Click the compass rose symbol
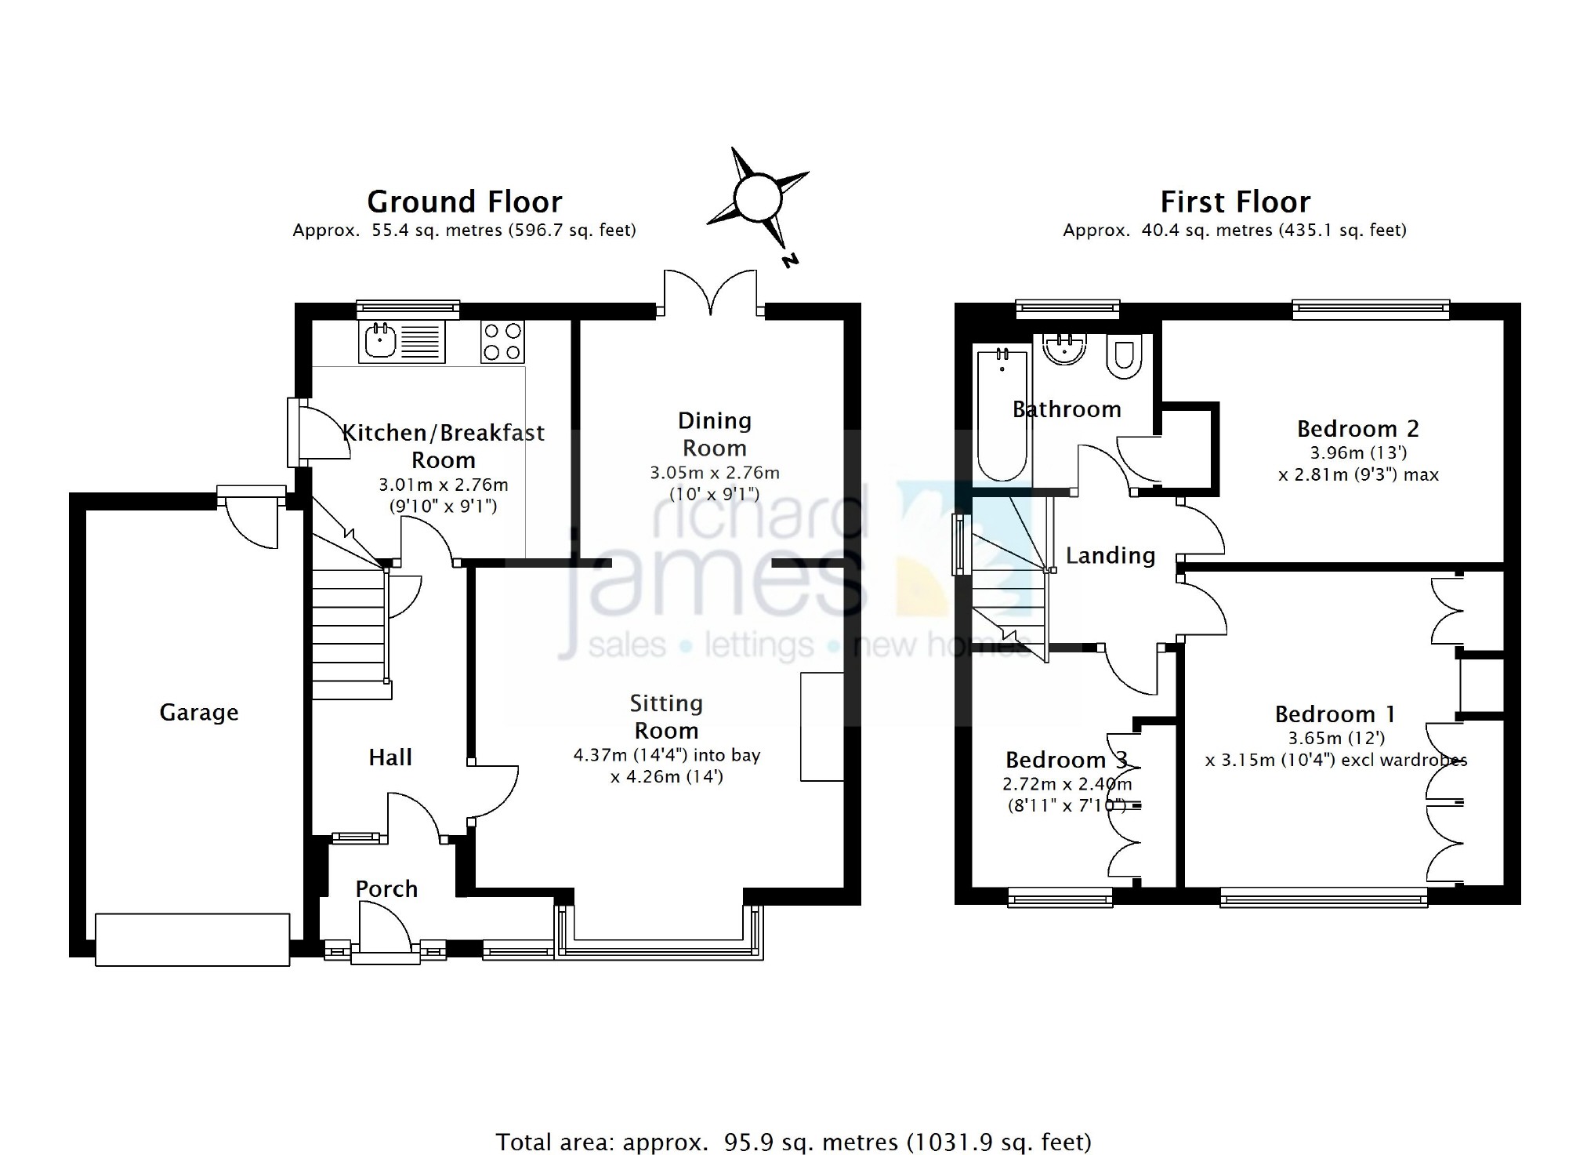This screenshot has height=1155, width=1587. pyautogui.click(x=758, y=198)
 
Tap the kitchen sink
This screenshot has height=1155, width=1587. pyautogui.click(x=402, y=341)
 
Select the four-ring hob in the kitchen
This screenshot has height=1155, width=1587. pyautogui.click(x=502, y=341)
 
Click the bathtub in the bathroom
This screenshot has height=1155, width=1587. pyautogui.click(x=1002, y=416)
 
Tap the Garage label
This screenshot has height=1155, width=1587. pyautogui.click(x=199, y=713)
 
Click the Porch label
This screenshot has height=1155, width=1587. pyautogui.click(x=386, y=888)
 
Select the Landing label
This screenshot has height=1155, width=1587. pyautogui.click(x=1111, y=556)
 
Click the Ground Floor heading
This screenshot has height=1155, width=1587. pyautogui.click(x=465, y=202)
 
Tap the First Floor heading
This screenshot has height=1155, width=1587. pyautogui.click(x=1235, y=202)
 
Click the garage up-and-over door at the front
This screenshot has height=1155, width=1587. pyautogui.click(x=193, y=939)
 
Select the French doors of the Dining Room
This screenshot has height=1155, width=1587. pyautogui.click(x=711, y=294)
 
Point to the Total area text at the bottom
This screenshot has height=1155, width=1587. pyautogui.click(x=793, y=1142)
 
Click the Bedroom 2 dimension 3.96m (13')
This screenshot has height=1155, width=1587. pyautogui.click(x=1359, y=452)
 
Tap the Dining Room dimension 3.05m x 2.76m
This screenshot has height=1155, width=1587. pyautogui.click(x=715, y=473)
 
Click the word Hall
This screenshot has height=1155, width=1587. pyautogui.click(x=390, y=757)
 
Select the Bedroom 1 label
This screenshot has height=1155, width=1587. pyautogui.click(x=1335, y=714)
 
